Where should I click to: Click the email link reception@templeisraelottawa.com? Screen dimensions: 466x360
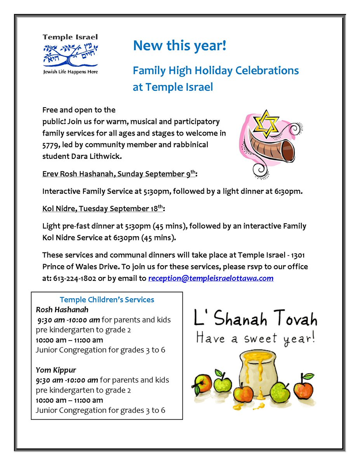(211, 278)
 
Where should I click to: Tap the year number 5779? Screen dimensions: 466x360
(50, 145)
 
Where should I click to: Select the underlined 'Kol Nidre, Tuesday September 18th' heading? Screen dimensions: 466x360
(103, 209)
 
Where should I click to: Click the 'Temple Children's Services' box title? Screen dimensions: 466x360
(107, 300)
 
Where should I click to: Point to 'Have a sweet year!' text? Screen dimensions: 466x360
(256, 338)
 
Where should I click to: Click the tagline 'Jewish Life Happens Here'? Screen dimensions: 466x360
(70, 72)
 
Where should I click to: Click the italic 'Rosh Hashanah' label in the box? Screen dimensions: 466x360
(62, 310)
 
